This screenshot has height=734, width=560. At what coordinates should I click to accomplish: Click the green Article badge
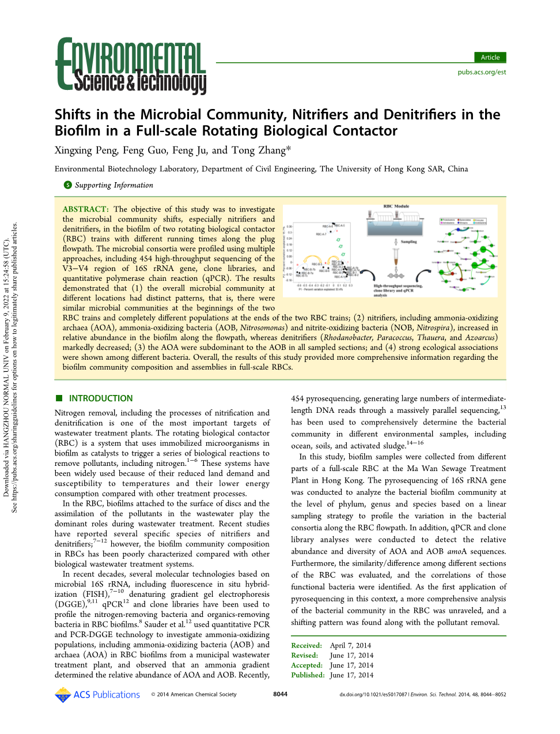490,57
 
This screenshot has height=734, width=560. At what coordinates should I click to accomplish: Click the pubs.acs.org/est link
482,72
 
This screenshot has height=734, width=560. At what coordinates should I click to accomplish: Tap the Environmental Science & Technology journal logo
131,66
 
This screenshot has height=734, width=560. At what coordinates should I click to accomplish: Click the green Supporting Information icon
67,185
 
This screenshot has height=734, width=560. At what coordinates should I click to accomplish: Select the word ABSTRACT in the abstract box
85,209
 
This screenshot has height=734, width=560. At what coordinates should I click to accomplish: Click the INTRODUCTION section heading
100,398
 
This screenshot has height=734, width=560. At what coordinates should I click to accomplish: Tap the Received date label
306,646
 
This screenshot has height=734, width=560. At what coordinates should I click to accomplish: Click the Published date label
308,675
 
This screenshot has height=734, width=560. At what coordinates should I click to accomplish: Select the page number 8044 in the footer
280,694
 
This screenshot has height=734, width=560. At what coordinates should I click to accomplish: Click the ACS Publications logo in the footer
97,695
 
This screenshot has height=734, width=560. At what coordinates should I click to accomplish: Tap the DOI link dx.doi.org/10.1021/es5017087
373,694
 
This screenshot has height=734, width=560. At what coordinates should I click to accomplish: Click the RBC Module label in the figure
396,206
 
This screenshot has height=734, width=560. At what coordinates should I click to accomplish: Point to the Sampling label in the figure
408,242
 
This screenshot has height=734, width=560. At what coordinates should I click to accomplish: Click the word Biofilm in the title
78,131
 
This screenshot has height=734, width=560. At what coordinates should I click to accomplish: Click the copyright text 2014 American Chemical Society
196,694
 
